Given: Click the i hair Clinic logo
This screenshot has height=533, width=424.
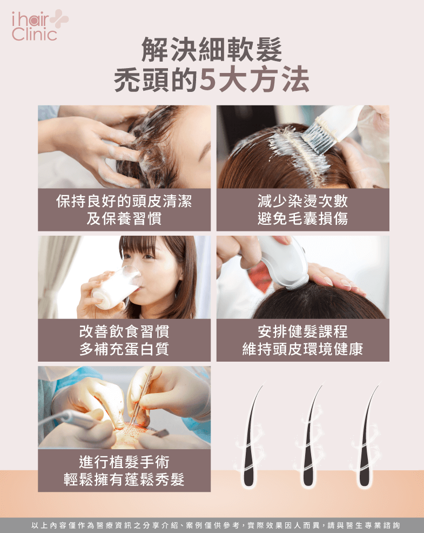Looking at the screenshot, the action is point(40,25).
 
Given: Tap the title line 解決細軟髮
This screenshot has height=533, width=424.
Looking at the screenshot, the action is point(212,50).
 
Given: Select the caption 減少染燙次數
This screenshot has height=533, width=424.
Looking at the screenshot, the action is point(302,201).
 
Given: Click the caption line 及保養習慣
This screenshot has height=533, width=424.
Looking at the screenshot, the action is point(124,218).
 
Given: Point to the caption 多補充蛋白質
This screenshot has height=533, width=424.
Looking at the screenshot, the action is point(124,349).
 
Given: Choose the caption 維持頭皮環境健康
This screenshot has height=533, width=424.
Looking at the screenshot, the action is point(302,349).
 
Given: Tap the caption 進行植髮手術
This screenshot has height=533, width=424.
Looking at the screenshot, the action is point(124,462).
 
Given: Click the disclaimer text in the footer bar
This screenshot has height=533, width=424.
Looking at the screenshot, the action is point(216,525).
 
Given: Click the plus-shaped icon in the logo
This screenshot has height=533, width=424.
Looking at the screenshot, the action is point(59,19).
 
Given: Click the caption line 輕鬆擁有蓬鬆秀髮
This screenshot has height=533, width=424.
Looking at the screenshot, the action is point(124,479).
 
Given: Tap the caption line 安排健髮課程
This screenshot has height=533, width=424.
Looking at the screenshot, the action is point(302,331).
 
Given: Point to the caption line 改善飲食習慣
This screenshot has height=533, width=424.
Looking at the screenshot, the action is point(124,331).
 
